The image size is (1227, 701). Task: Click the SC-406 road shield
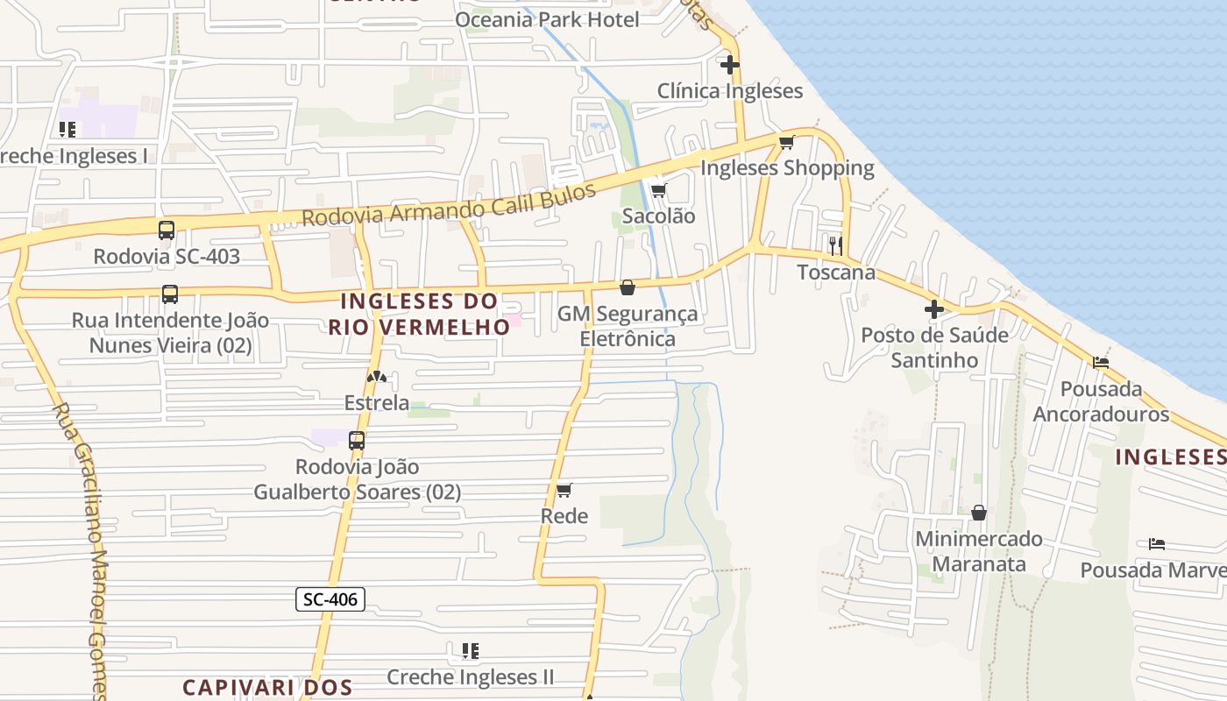pos(330,599)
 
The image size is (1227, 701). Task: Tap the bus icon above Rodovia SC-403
pos(167,230)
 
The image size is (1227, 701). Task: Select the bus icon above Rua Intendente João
pos(170,294)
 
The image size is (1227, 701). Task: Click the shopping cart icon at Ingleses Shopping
pos(786,142)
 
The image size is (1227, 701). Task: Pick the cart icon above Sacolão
pos(658,190)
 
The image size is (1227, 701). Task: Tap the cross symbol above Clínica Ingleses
pos(729,64)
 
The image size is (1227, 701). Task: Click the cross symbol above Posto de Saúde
pos(934,308)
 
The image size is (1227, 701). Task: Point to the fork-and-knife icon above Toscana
pos(835,245)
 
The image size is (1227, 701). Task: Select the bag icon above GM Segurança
pos(628,287)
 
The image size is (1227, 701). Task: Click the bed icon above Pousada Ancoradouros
pos(1101,362)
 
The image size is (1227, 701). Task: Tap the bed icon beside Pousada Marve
pos(1157,544)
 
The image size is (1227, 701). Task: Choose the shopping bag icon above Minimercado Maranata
pos(979,513)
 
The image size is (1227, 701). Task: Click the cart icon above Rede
pos(564,490)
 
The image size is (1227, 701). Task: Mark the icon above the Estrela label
pos(377,378)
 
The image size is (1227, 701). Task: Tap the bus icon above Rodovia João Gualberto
pos(357,441)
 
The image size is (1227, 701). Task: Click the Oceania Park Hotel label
pos(548,19)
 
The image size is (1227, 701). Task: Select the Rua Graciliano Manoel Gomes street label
pos(82,552)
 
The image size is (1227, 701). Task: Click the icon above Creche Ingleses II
pos(471,651)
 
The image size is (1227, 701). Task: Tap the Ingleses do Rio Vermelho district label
pos(420,314)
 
